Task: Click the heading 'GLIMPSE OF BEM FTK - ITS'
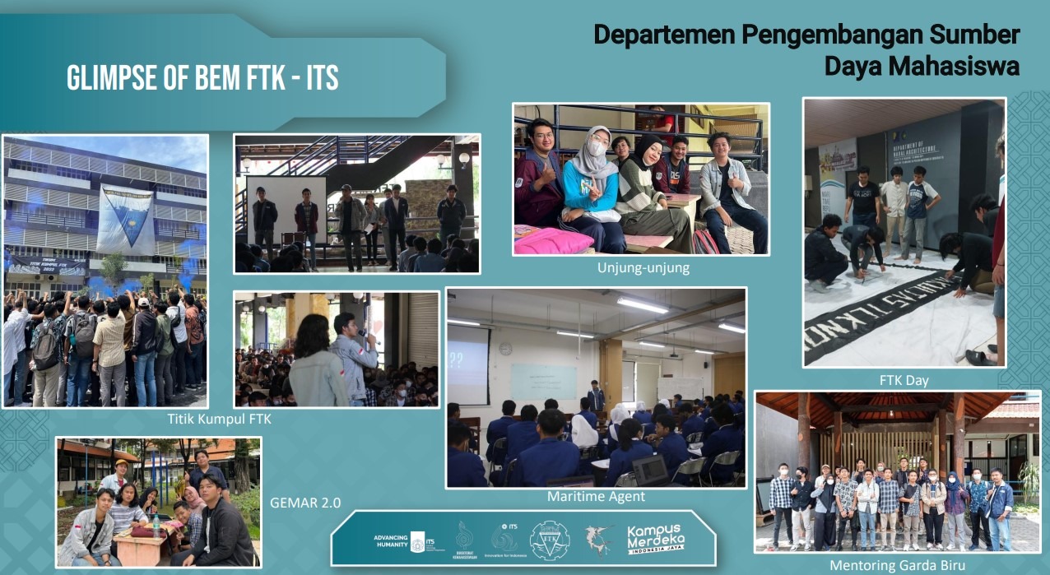tap(202, 78)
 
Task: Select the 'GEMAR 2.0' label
tap(304, 503)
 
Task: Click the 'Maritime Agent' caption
tap(596, 497)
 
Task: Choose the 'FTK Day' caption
tap(904, 380)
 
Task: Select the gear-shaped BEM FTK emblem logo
tap(549, 540)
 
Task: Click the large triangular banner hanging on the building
tap(124, 218)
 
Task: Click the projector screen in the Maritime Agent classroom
tap(467, 365)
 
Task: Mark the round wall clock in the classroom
tap(505, 349)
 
